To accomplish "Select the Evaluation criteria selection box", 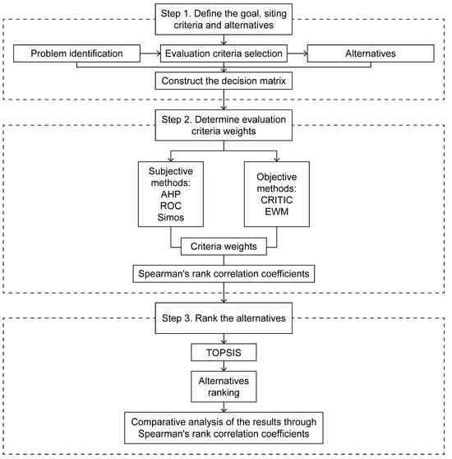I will pos(225,54).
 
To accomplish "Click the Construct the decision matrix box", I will pos(225,81).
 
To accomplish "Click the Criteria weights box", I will pos(225,246).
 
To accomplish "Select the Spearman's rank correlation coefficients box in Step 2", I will pos(225,273).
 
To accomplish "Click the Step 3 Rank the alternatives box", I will pos(225,318).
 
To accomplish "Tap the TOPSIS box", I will pos(225,352).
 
